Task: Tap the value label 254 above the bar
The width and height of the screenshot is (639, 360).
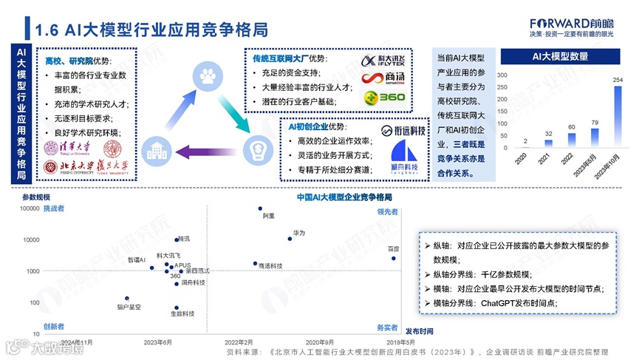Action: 618,80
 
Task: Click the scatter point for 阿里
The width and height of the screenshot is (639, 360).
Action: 260,208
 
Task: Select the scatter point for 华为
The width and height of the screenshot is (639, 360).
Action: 290,238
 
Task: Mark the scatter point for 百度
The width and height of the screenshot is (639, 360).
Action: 393,258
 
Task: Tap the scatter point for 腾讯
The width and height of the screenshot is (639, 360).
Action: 177,240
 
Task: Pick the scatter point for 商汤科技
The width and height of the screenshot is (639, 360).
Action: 255,263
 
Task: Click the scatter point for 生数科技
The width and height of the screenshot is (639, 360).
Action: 177,307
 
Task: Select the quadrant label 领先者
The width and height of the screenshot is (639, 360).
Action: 387,211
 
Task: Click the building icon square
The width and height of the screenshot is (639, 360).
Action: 155,151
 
